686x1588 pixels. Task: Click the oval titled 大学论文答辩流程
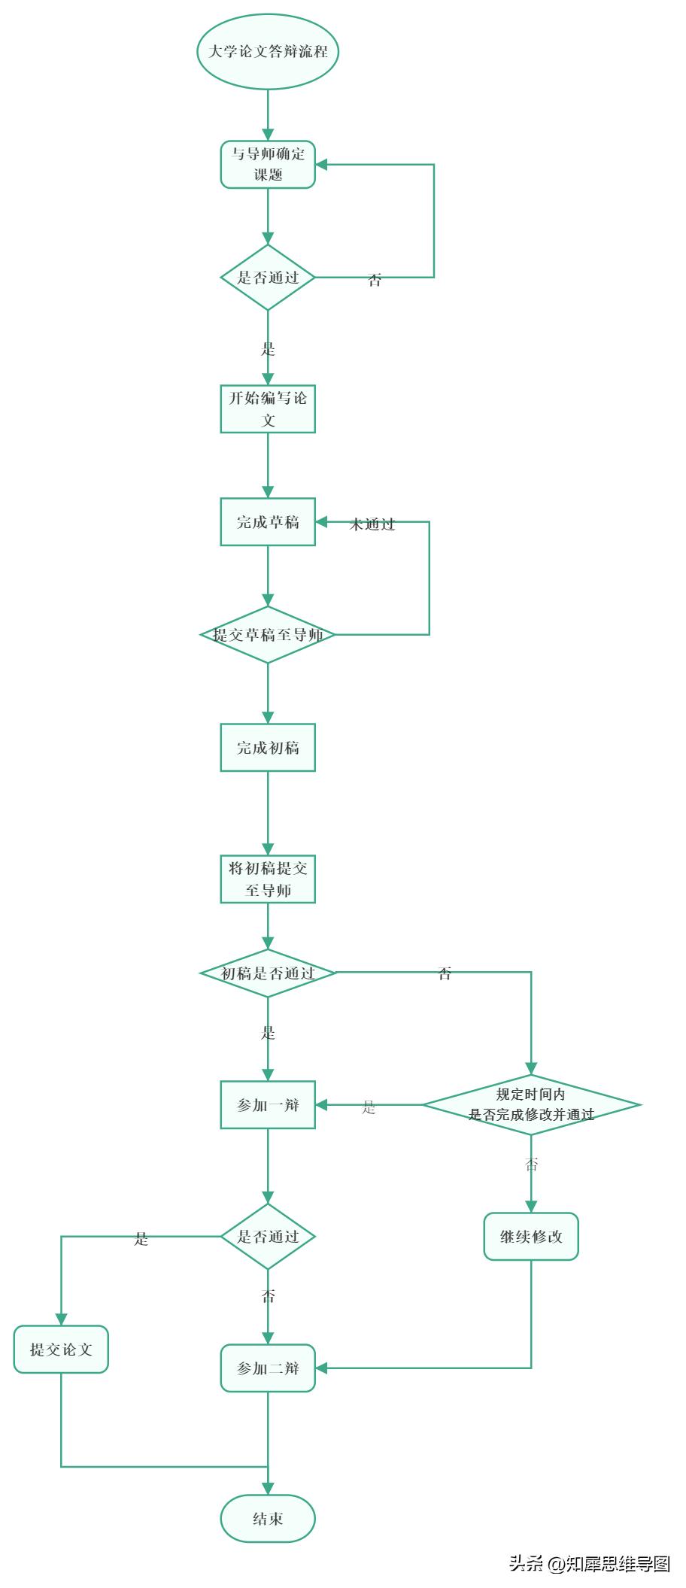click(268, 52)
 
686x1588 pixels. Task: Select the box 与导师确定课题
click(268, 165)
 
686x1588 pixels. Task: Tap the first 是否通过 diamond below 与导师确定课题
click(268, 278)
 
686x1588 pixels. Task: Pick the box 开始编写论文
click(268, 409)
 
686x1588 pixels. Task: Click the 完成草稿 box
click(268, 522)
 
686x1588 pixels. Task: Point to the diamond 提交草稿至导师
click(268, 635)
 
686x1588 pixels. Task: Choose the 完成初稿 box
click(268, 748)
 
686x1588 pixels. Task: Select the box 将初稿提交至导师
click(268, 879)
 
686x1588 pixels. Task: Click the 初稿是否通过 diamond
click(268, 973)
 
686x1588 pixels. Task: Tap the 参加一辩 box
click(268, 1105)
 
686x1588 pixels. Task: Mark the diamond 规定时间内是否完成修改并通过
click(531, 1105)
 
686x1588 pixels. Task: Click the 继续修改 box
click(531, 1236)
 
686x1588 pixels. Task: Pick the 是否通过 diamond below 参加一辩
click(268, 1236)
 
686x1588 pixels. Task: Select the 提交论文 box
click(61, 1350)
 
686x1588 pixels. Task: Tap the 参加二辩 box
click(268, 1368)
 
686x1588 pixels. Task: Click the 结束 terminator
click(268, 1518)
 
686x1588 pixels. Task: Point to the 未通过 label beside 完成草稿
click(372, 525)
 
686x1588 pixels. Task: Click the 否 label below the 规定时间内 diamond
click(531, 1165)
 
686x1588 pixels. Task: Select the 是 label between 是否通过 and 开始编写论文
click(268, 349)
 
